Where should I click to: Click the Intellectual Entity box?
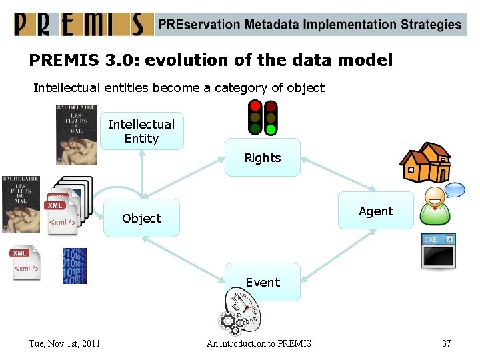tap(141, 131)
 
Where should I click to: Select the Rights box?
tap(262, 158)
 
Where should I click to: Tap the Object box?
tap(141, 218)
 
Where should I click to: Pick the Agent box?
tap(376, 211)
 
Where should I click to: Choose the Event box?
tap(262, 282)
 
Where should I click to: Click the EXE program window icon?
tap(438, 251)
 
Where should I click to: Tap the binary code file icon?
tap(75, 265)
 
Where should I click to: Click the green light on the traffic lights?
tap(270, 129)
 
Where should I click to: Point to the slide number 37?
tap(446, 343)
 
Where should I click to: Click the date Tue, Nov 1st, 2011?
tap(65, 343)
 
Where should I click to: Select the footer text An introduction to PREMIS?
tap(259, 343)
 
